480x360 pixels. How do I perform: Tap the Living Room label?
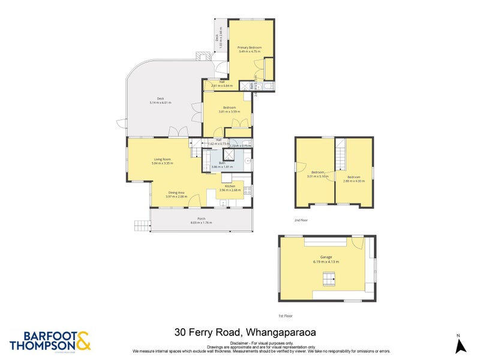tap(162, 160)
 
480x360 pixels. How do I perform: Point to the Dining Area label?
tap(176, 193)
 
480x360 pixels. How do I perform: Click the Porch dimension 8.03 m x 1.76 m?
tap(201, 223)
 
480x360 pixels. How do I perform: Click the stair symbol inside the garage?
tap(328, 278)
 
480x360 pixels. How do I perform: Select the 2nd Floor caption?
tap(301, 220)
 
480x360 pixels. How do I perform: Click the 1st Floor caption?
tap(285, 316)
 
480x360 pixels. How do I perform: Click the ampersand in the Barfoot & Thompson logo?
tap(83, 341)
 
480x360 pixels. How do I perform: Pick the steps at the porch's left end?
tap(142, 225)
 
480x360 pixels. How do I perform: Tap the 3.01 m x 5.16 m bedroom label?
tap(317, 174)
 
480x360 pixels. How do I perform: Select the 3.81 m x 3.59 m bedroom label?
tap(228, 109)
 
